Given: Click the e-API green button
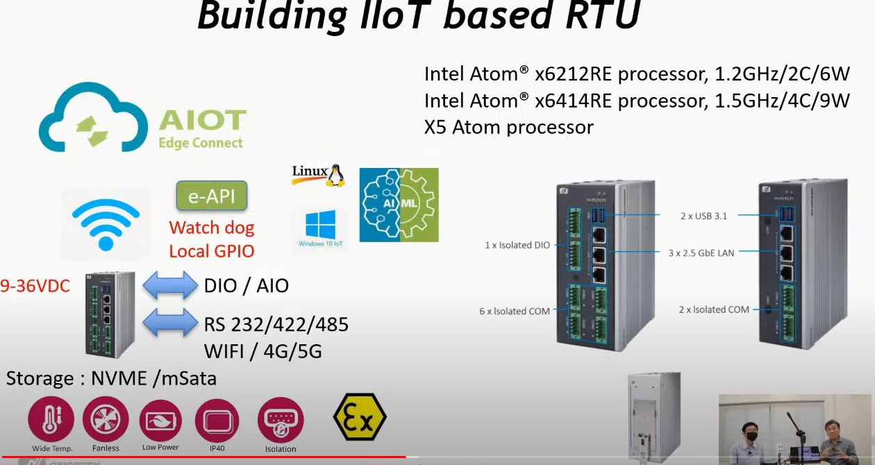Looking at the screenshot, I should point(212,196).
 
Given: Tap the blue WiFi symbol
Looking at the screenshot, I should point(106,221).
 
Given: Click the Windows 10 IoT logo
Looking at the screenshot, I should point(320,228).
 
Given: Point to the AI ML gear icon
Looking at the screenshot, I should point(399,205).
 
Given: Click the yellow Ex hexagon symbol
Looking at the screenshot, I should point(359,417).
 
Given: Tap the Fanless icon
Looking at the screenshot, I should point(106,420).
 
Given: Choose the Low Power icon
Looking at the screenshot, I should point(160,420).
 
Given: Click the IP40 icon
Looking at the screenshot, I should point(217,420).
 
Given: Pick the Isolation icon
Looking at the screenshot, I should point(281,421).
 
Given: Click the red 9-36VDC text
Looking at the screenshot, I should point(35,285).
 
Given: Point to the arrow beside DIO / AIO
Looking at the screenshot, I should point(170,285).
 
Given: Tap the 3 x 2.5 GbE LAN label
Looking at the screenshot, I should point(701,253).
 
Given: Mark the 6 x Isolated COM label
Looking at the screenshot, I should point(515,311).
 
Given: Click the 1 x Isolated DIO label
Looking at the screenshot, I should point(517,245).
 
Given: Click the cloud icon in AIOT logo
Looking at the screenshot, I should point(94,121).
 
